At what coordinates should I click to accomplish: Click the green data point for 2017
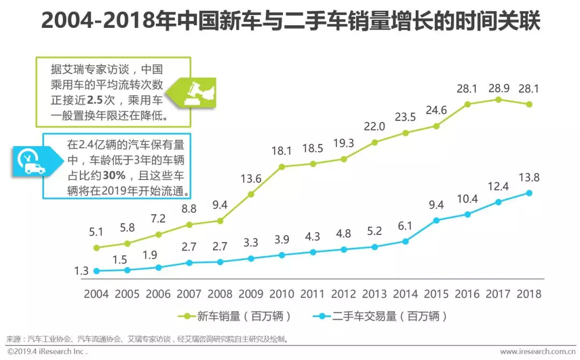point(498,99)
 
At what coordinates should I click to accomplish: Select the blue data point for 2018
point(529,193)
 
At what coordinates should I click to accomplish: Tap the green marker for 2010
point(281,167)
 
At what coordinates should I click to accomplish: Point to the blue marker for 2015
point(436,220)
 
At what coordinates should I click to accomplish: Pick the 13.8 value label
point(529,178)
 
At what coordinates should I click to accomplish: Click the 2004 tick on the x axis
point(96,294)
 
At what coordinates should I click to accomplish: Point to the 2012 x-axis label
point(343,294)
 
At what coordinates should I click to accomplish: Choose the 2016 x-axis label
point(467,294)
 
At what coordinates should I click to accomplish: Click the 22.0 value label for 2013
point(374,126)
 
